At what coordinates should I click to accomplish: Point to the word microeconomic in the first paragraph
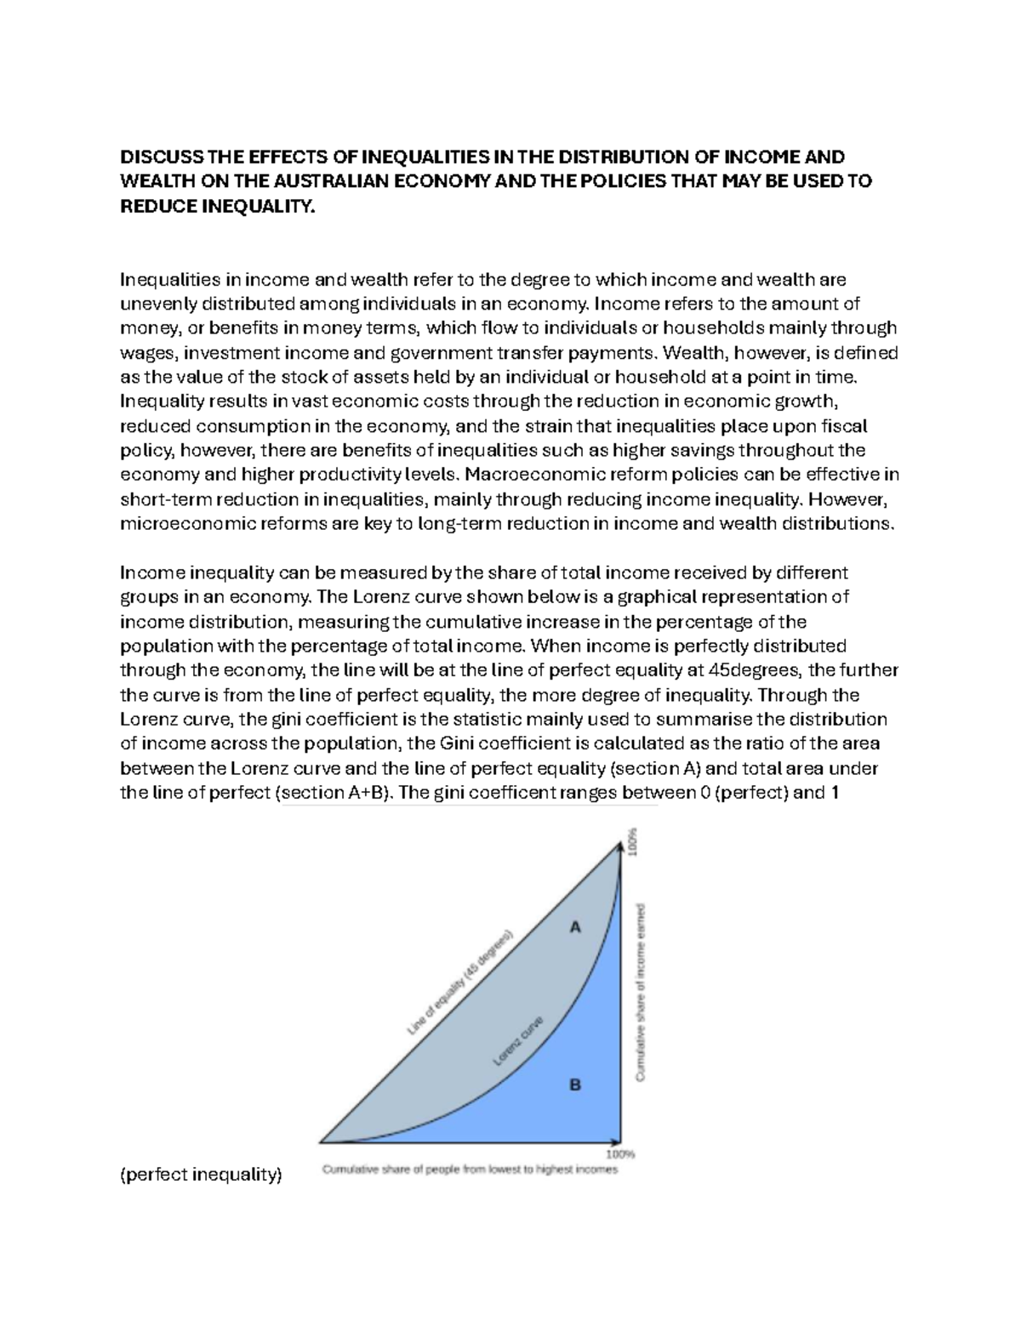coord(174,523)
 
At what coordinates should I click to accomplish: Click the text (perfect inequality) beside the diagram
coord(201,1176)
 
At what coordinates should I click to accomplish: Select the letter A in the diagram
coord(575,928)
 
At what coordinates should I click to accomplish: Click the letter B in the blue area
coord(575,1085)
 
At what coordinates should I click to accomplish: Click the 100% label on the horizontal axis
coord(620,1155)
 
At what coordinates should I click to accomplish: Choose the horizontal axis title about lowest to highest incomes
coord(470,1170)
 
